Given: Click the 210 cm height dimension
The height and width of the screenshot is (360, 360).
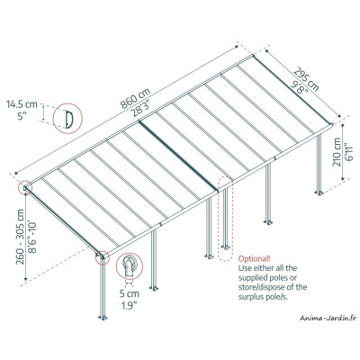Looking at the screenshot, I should [337, 159].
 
